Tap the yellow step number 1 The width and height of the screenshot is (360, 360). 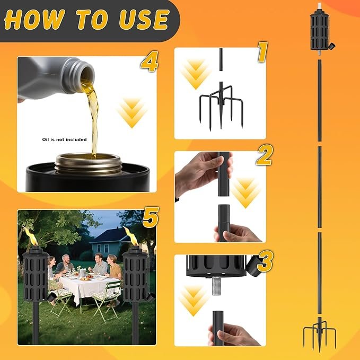(262, 52)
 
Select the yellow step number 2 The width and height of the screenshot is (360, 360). (264, 156)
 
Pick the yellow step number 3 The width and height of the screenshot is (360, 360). (265, 261)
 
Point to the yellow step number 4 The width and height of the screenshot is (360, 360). (150, 62)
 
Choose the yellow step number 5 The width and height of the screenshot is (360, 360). (151, 217)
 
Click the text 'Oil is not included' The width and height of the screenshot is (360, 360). (64, 139)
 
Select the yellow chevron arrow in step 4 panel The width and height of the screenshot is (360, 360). (132, 112)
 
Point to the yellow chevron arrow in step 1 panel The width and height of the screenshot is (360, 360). (196, 74)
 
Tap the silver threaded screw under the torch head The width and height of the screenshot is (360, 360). (216, 286)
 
